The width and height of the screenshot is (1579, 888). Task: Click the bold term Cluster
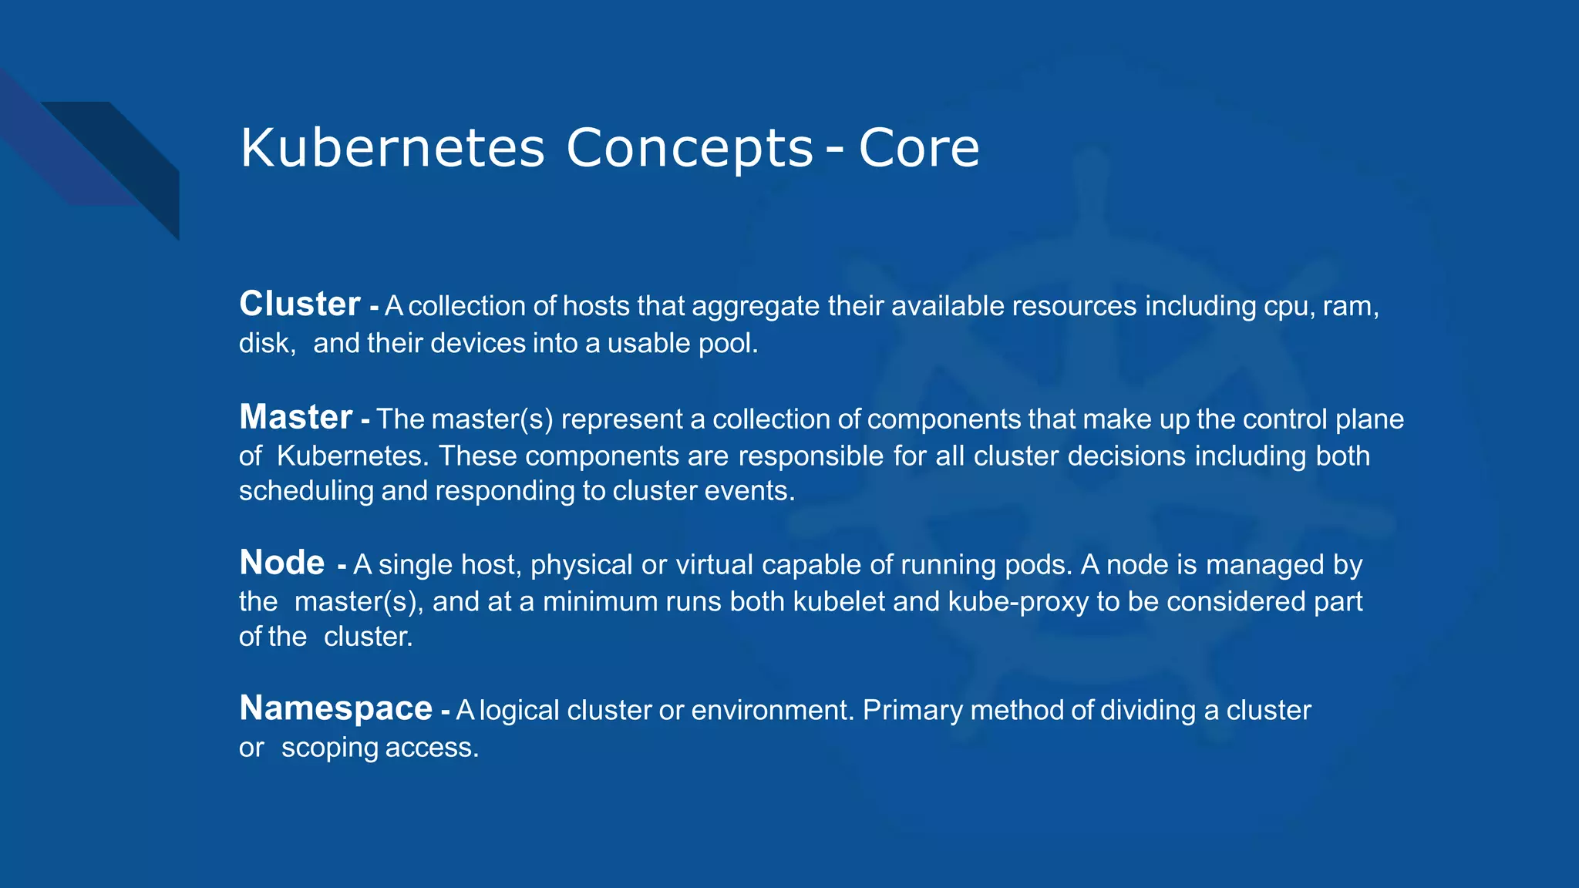coord(299,304)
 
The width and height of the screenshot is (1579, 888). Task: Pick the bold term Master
coord(295,417)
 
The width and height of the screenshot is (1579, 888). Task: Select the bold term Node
coord(281,563)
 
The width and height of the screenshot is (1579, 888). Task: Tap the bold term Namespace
coord(335,708)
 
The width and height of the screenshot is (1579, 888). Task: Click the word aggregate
coord(755,307)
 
